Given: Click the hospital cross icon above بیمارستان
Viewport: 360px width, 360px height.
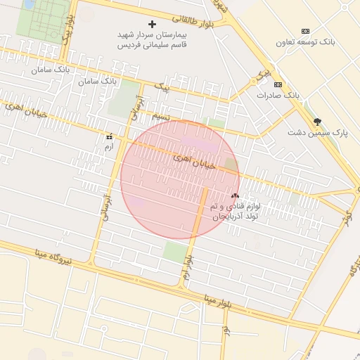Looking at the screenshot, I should [152, 25].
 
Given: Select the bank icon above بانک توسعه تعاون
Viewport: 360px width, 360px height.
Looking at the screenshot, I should [305, 31].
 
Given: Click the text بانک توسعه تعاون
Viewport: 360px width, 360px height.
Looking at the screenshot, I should [305, 43].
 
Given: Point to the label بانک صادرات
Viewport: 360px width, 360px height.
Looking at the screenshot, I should [278, 94].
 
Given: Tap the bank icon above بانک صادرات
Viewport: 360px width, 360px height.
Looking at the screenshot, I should [278, 84].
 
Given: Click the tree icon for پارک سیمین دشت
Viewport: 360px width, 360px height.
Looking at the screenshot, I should [317, 122].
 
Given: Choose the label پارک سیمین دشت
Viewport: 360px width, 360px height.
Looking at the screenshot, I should [318, 132].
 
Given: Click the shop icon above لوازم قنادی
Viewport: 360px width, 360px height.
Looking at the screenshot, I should [235, 196].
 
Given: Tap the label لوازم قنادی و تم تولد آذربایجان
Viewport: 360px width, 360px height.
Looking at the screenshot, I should [236, 212].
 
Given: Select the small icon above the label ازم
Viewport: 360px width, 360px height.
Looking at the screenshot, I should [109, 136].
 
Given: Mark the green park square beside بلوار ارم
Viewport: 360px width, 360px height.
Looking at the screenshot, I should [176, 251].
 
